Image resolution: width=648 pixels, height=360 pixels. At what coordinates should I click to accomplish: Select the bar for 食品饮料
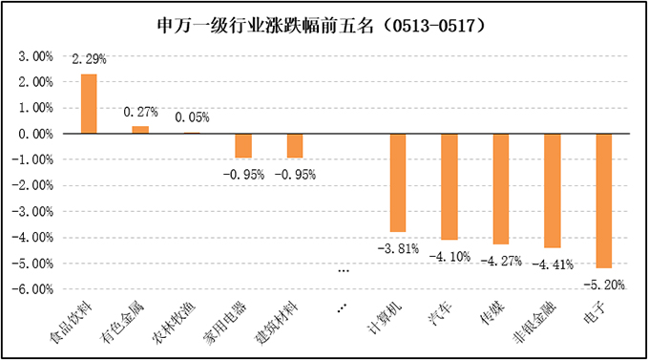point(89,104)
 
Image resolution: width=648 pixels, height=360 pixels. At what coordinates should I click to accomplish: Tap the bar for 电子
point(604,201)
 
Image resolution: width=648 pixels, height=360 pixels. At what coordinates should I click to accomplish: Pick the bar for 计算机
point(399,182)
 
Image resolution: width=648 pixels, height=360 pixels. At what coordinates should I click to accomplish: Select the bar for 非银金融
point(553,191)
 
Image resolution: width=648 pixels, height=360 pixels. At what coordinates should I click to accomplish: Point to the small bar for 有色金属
point(140,130)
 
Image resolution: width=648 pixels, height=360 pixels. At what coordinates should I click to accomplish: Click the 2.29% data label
point(90,59)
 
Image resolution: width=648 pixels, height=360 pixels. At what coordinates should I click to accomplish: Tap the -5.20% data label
point(603,284)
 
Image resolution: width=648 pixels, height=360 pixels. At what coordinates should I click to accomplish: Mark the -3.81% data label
point(399,248)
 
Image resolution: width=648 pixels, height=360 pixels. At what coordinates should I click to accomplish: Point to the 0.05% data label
point(192,118)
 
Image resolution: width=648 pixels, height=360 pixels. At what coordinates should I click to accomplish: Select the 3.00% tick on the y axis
point(36,56)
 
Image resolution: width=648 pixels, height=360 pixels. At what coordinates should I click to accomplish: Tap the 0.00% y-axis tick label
point(36,134)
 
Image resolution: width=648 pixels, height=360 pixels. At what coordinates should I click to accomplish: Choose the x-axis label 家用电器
point(226,322)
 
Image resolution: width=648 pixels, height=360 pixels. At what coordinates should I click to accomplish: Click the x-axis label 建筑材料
point(278,322)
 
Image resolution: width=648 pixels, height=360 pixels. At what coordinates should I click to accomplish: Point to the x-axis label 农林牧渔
point(175,322)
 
